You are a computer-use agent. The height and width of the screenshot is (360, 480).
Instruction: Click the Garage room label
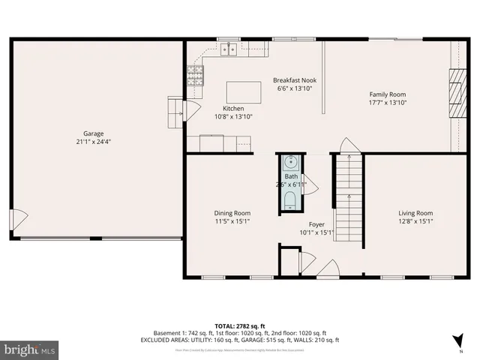(93, 133)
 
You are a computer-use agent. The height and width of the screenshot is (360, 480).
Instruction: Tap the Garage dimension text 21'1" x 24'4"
(93, 141)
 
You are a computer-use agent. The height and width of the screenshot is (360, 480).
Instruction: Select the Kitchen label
(233, 109)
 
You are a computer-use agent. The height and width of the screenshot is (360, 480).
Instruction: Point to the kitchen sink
(229, 49)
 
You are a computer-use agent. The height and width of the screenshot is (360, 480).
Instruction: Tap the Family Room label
(387, 94)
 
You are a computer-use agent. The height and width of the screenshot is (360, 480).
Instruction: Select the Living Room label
(415, 213)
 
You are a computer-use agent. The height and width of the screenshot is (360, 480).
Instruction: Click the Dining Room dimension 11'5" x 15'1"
(232, 221)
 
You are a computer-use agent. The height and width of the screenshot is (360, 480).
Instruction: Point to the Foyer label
(316, 224)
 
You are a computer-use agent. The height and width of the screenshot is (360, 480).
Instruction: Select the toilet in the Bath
(290, 198)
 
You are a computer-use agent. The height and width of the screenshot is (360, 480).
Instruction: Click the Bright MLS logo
(30, 349)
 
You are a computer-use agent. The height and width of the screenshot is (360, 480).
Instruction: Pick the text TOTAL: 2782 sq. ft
(239, 325)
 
